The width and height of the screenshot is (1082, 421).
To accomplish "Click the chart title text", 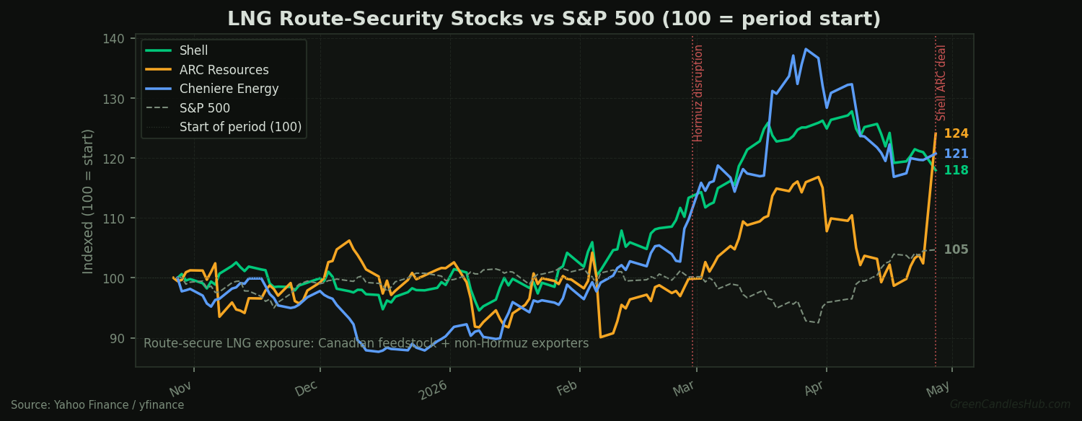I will point(554,19).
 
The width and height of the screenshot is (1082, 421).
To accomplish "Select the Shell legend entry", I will point(193,50).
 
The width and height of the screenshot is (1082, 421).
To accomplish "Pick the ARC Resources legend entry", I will point(224,70).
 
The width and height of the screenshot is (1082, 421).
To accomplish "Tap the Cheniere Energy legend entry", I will point(229,89).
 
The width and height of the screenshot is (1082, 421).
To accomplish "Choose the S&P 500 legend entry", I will point(205,108).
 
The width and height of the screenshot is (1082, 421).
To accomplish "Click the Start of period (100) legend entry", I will point(240,128).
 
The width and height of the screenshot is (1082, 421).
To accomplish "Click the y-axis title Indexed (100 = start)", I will point(89,201).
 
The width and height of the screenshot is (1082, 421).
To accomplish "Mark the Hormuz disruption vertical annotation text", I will point(698,93).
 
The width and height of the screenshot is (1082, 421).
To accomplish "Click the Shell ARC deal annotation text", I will point(941,82).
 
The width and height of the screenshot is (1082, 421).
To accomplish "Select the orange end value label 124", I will point(956,134).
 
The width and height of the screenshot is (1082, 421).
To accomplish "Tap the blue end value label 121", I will point(956,154).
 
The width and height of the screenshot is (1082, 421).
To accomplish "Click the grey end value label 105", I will point(956,249).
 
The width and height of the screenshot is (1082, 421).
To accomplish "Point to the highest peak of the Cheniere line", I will point(805,49).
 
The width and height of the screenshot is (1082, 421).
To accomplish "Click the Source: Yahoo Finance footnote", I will point(97,405).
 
